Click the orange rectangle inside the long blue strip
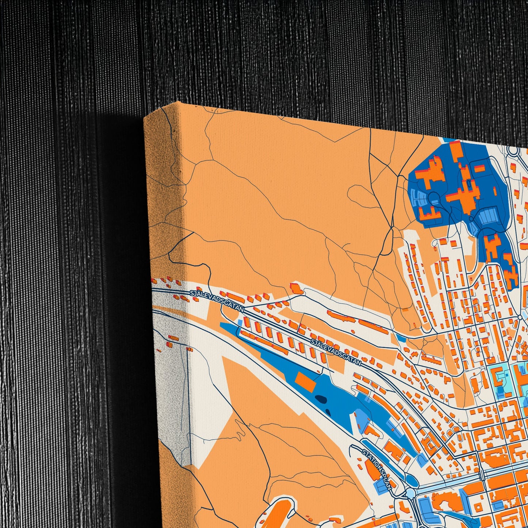(x=306, y=382)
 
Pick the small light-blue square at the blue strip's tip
(x=240, y=322)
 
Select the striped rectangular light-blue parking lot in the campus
(x=488, y=216)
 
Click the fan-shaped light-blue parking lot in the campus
(x=419, y=199)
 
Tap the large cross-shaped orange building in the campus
(x=463, y=195)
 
